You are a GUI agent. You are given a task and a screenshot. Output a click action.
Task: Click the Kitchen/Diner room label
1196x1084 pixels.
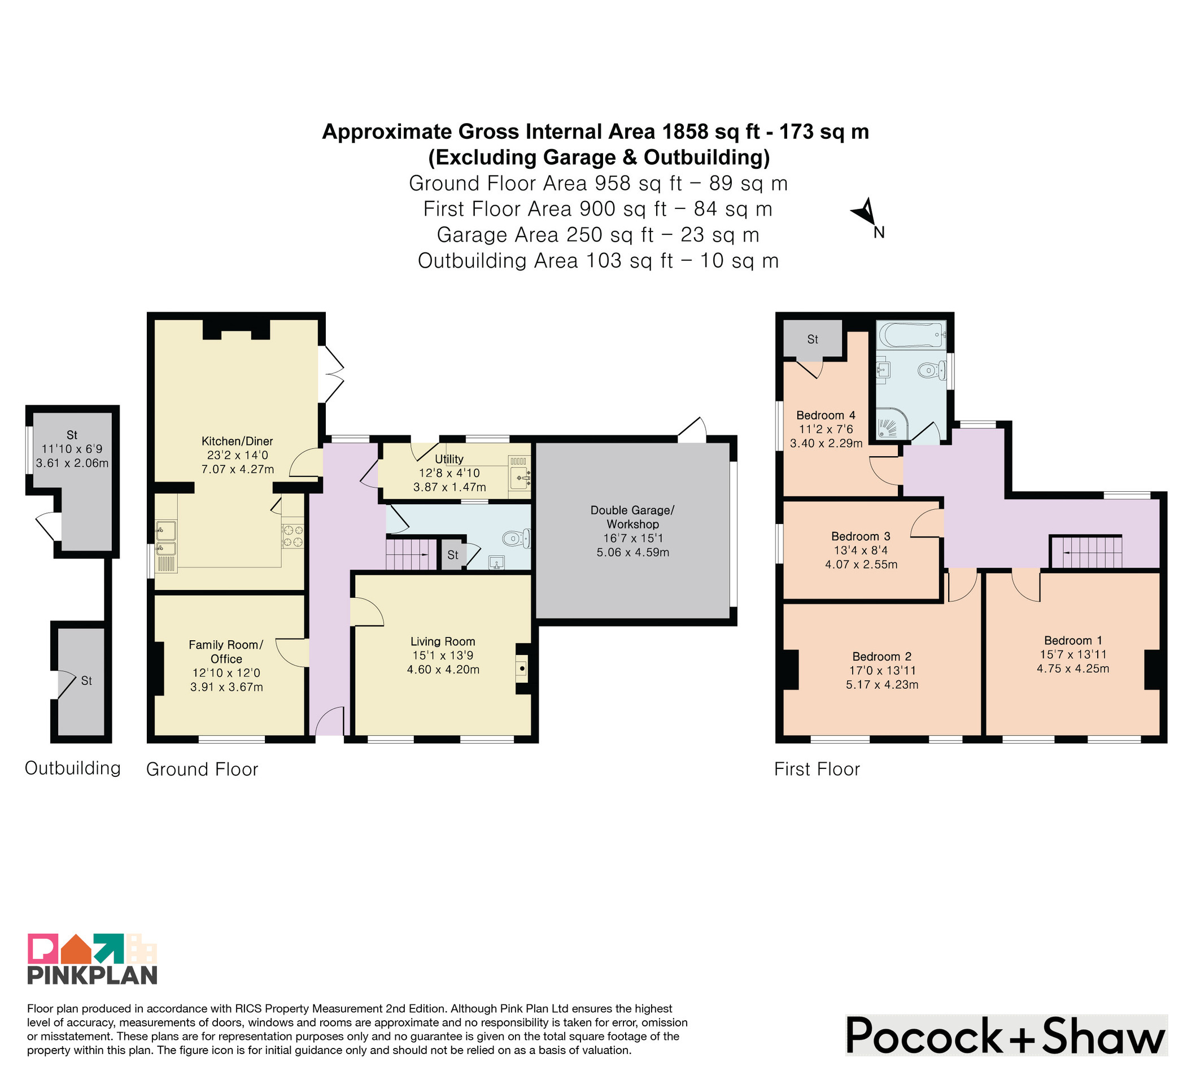click(237, 441)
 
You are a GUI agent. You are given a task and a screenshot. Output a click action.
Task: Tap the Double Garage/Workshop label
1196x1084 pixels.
click(632, 517)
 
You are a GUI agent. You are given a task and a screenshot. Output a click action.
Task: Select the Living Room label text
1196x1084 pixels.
click(443, 641)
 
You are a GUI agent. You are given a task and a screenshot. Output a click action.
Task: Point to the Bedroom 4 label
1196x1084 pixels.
click(826, 415)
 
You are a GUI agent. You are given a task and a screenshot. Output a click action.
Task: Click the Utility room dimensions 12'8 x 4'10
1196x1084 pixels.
click(449, 473)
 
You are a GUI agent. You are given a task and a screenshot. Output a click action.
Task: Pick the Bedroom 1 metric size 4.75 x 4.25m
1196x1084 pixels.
click(1072, 668)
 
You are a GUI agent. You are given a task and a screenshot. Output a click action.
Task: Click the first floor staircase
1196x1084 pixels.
click(1086, 552)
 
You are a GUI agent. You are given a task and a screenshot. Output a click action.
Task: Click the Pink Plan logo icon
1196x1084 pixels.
click(92, 949)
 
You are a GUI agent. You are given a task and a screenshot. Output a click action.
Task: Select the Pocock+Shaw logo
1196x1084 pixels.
click(1006, 1035)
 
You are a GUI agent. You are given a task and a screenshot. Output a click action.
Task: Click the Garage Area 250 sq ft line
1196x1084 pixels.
click(598, 235)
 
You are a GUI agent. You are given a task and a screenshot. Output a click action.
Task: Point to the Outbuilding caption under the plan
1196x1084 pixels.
click(72, 768)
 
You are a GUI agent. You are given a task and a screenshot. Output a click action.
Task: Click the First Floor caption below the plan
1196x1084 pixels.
click(817, 769)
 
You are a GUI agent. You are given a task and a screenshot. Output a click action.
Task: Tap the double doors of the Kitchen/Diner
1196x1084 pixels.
click(331, 374)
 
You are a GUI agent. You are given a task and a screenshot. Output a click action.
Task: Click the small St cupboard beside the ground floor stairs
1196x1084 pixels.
click(453, 555)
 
